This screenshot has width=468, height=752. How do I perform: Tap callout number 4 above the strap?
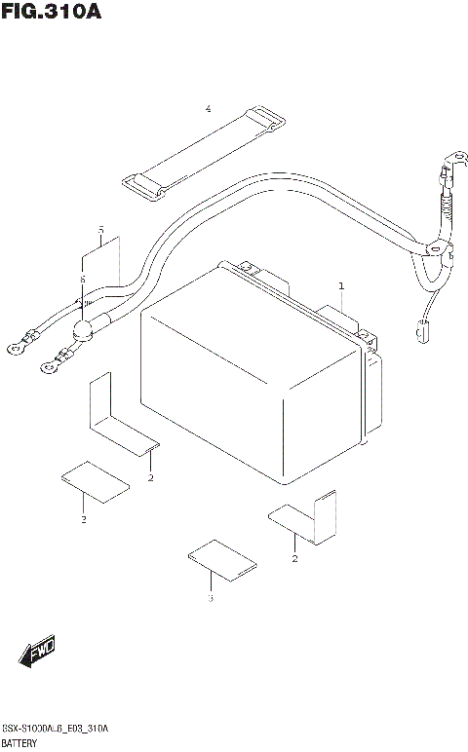pos(208,108)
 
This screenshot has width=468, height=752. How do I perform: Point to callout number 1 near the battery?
pos(341,286)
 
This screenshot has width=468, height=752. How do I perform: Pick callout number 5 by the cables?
pos(101,230)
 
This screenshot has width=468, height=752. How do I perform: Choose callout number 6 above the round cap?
pos(83,280)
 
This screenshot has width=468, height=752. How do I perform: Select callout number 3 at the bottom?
pos(209,597)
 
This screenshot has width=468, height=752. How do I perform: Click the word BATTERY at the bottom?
pos(21,742)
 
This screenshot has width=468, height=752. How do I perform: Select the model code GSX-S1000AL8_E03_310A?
pos(57,729)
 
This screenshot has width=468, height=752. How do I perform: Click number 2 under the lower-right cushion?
pos(294,558)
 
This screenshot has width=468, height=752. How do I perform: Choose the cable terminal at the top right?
pos(451,158)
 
